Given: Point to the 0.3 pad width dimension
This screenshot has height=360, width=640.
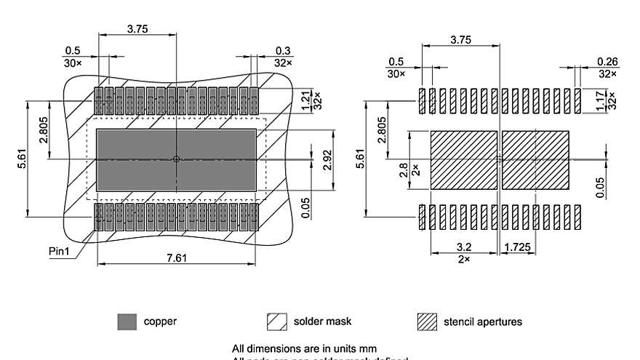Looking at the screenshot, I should [283, 50].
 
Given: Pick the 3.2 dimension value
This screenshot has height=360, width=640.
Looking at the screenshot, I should [464, 247].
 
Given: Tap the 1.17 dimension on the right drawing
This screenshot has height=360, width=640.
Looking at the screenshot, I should [600, 100].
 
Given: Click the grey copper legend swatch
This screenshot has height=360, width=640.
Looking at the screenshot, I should [127, 321].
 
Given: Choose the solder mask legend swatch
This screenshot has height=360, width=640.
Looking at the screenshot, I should [276, 321].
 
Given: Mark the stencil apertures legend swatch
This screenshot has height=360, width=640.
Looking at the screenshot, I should [427, 321].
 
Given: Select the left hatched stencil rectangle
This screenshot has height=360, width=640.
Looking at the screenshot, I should [464, 160].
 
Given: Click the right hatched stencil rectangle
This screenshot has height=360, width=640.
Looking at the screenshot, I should [535, 160].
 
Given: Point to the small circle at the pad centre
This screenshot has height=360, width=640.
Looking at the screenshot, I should [177, 159].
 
